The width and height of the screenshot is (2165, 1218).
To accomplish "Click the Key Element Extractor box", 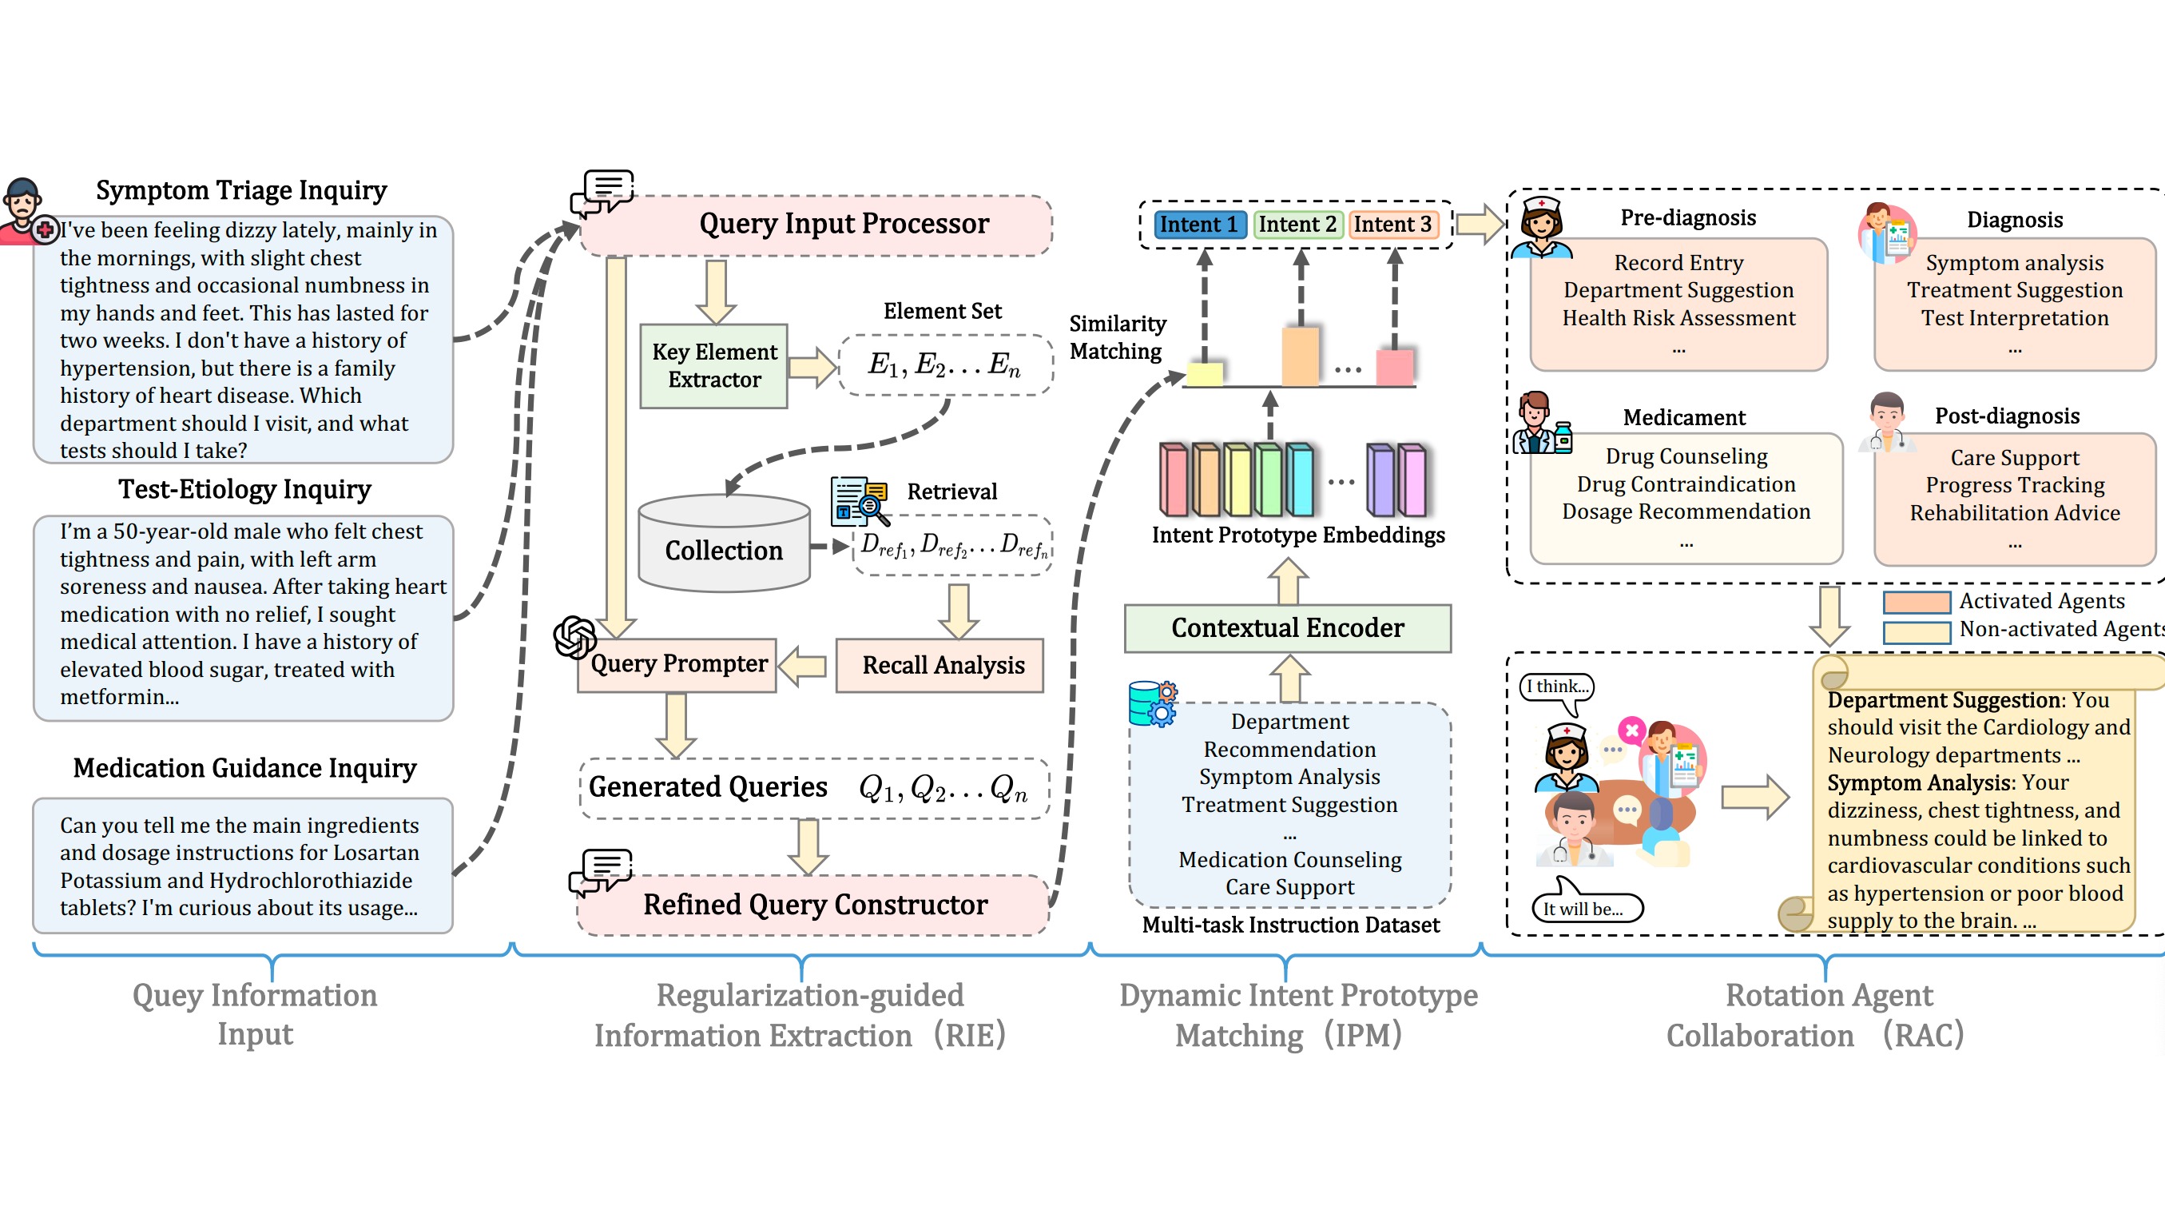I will coord(713,366).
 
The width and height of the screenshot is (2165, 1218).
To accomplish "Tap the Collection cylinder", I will coord(724,543).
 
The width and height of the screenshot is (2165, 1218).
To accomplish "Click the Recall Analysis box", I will coord(939,665).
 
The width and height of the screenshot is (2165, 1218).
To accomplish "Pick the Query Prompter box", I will coord(677,664).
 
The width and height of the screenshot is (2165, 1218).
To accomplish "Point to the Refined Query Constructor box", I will coord(813,905).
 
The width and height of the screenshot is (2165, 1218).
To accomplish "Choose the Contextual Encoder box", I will coord(1288,628).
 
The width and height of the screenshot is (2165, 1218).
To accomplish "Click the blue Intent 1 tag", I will coord(1199,225).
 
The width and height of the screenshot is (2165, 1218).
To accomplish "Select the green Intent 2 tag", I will coord(1297,225).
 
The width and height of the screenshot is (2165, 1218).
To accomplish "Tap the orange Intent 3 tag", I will coord(1392,225).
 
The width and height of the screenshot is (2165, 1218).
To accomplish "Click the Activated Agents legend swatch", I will coord(1917,602).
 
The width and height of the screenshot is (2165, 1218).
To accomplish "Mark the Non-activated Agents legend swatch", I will coord(1917,631).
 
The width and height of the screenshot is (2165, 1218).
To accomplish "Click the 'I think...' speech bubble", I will coord(1557,687).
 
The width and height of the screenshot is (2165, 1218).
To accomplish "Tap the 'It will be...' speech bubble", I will coord(1585,908).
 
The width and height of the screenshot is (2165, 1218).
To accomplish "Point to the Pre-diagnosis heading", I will coord(1687,217).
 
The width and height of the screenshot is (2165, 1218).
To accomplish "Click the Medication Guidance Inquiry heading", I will coord(244,767).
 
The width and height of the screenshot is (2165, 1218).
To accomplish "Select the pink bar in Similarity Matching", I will coord(1394,367).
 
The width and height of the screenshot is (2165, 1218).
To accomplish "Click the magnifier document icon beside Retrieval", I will coord(859,500).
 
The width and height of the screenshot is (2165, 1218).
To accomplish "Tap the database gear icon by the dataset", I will coord(1152,703).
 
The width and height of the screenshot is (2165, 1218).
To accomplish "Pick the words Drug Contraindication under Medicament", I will coord(1686,484).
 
